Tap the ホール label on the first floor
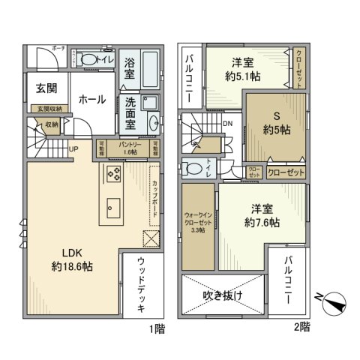(x=93, y=97)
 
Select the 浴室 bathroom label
(x=129, y=70)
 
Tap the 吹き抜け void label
(x=223, y=295)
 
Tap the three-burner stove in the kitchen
(x=115, y=176)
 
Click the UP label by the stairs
(x=72, y=148)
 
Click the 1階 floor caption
(x=156, y=328)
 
